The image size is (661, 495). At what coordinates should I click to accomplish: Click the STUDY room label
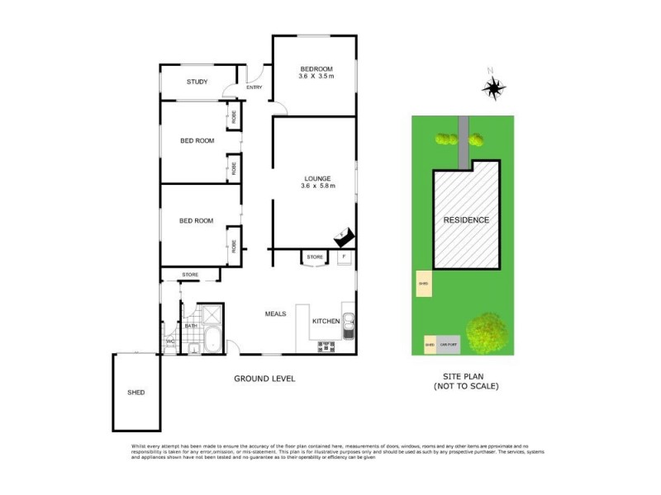click(x=197, y=82)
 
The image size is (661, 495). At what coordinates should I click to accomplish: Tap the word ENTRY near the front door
click(x=254, y=87)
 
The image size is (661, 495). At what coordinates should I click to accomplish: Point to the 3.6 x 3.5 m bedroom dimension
click(x=316, y=76)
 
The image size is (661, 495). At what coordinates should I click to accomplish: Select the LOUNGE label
click(x=316, y=178)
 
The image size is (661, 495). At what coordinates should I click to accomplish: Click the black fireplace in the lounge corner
click(x=344, y=236)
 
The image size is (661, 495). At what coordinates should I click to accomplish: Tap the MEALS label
click(x=275, y=313)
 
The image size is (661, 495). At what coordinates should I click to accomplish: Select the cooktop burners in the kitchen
click(x=324, y=346)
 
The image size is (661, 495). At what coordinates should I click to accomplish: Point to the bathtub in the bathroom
click(x=211, y=338)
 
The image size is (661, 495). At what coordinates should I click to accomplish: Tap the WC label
click(x=170, y=341)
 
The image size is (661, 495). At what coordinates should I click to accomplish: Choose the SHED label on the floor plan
click(x=136, y=392)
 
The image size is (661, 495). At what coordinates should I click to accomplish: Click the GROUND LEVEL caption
click(x=264, y=379)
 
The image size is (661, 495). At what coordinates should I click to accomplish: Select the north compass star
click(x=494, y=87)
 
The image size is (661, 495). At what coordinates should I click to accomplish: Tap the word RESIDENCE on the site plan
click(x=466, y=220)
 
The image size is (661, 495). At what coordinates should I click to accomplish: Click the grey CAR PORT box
click(x=448, y=345)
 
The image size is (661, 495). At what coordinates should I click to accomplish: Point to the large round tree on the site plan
click(x=487, y=332)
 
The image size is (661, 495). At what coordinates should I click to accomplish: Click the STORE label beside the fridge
click(x=315, y=257)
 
